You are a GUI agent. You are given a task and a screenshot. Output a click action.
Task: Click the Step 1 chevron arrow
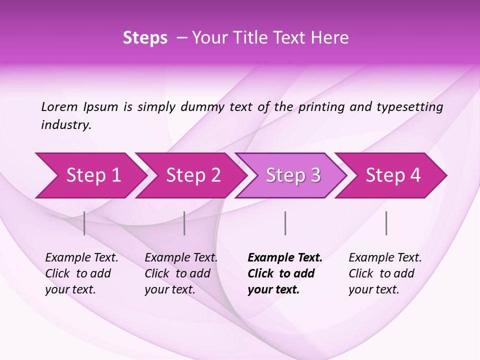pos(90,175)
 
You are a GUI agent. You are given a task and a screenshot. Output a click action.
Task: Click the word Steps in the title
pos(145,38)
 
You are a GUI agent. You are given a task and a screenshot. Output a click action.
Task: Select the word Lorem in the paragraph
pos(59,106)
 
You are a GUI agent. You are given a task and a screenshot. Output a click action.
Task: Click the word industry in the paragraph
pos(66,124)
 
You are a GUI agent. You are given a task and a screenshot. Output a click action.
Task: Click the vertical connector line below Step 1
pos(84,223)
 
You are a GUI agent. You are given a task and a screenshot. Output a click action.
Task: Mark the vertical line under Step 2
pos(184,223)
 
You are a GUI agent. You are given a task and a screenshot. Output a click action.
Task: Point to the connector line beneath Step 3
pos(285,223)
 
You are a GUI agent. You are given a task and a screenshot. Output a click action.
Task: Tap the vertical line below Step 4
pos(386,223)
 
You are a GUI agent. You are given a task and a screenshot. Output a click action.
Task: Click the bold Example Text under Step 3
pos(285,258)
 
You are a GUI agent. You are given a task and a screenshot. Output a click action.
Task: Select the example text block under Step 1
pos(81,273)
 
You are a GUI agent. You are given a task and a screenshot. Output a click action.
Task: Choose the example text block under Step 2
pos(181,273)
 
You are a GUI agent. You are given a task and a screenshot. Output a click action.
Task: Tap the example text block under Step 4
pos(385,273)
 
